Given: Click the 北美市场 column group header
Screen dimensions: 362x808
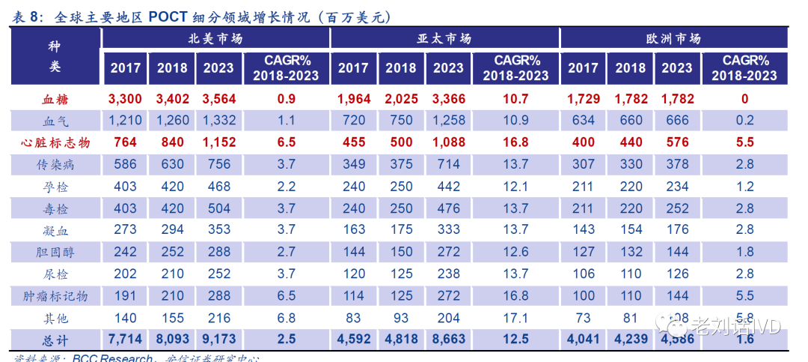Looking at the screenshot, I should tap(215, 39).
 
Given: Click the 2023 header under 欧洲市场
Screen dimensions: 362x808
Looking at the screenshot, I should tap(677, 68).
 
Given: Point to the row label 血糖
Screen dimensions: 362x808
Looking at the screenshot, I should tap(55, 99).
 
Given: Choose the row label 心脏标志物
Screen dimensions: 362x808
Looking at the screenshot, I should tap(55, 142).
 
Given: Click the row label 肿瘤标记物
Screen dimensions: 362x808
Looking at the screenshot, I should tap(55, 295).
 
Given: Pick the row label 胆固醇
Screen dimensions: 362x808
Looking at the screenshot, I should tap(55, 252).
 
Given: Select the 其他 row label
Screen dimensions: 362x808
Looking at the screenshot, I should tap(55, 317).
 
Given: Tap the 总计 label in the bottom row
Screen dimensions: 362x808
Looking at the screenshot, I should tap(55, 339).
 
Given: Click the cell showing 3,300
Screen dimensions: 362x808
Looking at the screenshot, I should tap(125, 99).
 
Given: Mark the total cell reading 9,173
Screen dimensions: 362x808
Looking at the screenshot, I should tap(218, 339).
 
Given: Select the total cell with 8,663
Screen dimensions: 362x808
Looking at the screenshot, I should tap(448, 339).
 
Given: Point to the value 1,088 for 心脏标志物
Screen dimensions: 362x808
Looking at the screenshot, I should tap(448, 142).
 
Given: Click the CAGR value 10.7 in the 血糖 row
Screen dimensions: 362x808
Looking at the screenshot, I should tap(516, 99).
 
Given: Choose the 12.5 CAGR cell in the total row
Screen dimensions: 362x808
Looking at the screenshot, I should tap(516, 339).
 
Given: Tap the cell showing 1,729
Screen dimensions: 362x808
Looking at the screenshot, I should tap(583, 99).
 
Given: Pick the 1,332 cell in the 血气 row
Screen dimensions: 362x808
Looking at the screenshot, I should tap(218, 121).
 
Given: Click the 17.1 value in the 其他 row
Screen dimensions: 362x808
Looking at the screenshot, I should tap(516, 317).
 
